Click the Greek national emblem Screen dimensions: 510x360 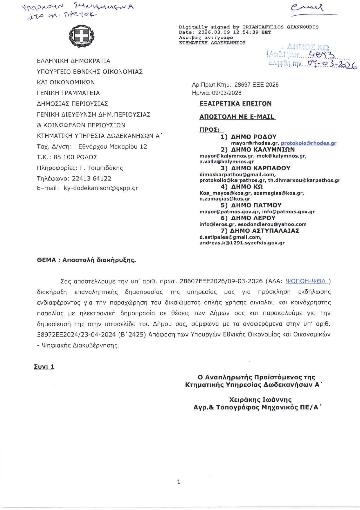(x=82, y=36)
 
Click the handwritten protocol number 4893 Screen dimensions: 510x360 (x=322, y=54)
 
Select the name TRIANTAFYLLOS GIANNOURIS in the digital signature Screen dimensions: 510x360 (x=280, y=27)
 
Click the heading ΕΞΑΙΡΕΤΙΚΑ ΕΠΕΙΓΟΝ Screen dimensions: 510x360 (x=235, y=104)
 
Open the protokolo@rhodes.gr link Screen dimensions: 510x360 (x=309, y=143)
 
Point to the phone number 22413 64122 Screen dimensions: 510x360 (x=91, y=178)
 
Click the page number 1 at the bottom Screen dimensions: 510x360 (x=179, y=482)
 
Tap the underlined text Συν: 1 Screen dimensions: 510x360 (x=44, y=367)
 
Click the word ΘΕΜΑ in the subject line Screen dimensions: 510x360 (x=46, y=260)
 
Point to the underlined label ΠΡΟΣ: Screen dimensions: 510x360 (x=210, y=130)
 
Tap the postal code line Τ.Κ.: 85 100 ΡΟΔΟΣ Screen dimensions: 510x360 (x=67, y=157)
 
